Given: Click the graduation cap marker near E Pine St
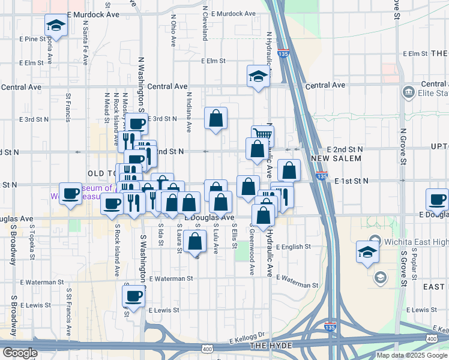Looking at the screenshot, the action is coord(56,25).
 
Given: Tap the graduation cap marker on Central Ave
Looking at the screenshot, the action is coord(258,76).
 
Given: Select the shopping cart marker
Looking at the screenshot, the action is coord(262,136).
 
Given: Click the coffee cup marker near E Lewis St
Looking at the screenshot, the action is coord(134,296).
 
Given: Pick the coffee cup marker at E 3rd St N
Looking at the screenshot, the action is coord(136,124).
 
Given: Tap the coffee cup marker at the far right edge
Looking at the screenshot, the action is coord(437,199).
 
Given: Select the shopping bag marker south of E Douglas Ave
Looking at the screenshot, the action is coord(196,241).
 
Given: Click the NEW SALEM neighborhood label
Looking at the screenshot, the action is coord(336,158).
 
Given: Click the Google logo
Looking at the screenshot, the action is coord(19,353).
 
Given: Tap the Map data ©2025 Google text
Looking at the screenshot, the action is coord(412,355).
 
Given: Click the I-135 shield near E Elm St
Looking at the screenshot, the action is coord(284,53).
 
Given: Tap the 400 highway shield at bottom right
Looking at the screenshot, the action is coord(432,340).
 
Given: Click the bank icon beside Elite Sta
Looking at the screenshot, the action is coord(408,92).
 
